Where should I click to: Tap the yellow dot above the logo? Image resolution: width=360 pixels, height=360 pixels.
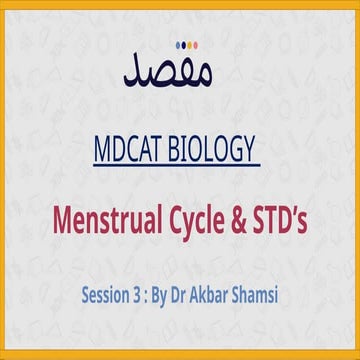(175, 44)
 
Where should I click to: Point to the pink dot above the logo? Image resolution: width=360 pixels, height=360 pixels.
(184, 44)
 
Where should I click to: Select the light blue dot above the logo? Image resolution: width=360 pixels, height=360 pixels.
(192, 44)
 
